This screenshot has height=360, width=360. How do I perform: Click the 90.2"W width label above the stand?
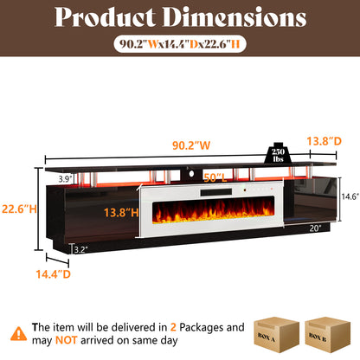click(x=191, y=145)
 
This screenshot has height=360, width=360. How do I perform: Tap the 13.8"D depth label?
click(x=324, y=141)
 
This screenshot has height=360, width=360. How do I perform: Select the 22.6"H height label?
click(x=19, y=209)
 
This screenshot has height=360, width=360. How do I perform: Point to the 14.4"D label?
click(x=54, y=274)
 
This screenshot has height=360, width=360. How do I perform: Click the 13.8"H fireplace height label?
click(x=121, y=213)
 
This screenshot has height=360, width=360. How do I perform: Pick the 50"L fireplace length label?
click(x=215, y=178)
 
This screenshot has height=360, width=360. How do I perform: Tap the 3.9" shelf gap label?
click(x=65, y=179)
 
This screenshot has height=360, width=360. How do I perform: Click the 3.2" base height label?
click(x=81, y=249)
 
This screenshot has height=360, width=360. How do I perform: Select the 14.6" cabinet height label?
click(x=350, y=196)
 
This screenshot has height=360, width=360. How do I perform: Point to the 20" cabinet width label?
click(x=315, y=228)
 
